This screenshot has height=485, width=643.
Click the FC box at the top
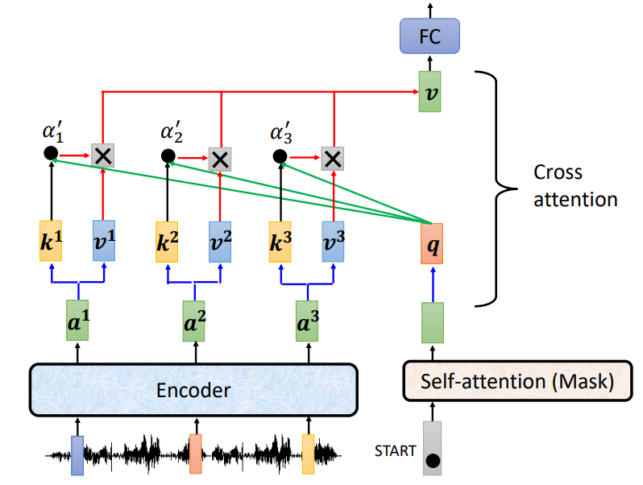coord(430,37)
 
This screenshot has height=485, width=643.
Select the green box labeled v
coord(430,91)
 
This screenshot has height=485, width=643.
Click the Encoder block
coord(193,390)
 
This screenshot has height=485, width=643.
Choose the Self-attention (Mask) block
coord(516,382)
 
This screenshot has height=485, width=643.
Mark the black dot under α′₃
coord(280,156)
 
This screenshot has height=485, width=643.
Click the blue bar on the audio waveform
coord(77,455)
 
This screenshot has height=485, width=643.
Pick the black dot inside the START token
coord(433,462)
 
